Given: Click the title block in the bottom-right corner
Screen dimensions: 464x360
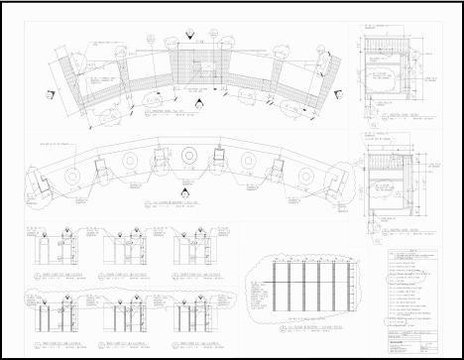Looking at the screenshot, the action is point(415,338).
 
